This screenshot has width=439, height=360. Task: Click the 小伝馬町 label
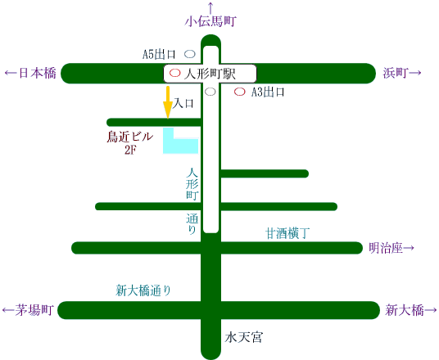coord(210,21)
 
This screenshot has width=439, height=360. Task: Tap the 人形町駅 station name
coord(210,74)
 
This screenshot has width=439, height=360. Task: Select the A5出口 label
coord(159,54)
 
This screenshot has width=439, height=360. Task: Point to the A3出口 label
coord(268,92)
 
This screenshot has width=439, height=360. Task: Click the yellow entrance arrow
coord(168,102)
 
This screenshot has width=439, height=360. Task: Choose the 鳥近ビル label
coord(130,137)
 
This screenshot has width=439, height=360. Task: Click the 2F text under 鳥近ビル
coord(130,151)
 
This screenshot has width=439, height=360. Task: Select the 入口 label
coord(183,103)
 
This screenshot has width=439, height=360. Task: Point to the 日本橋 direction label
coord(30,74)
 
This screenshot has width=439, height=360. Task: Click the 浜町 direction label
coord(402,73)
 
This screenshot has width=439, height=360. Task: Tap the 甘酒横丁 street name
coord(287,233)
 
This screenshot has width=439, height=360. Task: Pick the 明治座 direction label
coord(391,248)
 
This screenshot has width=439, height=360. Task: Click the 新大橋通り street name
coord(143,290)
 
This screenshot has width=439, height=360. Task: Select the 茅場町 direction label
coord(28,310)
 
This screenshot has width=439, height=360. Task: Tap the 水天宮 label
coord(244,337)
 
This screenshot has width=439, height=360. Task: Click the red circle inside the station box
coord(175,74)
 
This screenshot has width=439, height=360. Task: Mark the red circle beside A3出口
coord(240,92)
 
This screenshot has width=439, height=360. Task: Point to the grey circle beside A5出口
coord(190,54)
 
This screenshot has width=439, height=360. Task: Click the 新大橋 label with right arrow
coord(410,310)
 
